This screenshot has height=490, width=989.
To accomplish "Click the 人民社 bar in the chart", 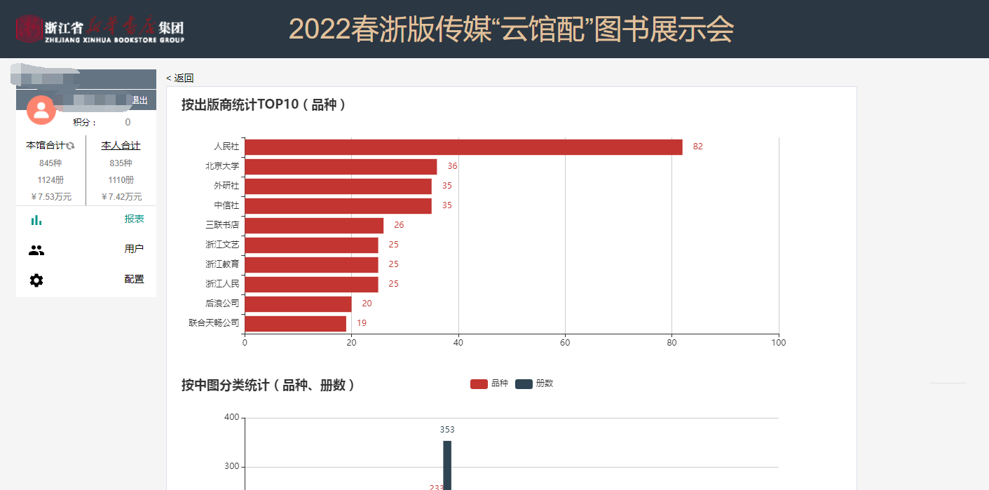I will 463,147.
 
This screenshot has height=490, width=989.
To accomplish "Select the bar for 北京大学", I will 341,166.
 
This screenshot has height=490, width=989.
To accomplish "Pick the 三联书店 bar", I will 314,225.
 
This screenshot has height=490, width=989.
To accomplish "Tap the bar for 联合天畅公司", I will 295,323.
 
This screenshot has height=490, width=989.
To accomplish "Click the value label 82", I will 697,147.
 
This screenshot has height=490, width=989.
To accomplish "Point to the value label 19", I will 362,323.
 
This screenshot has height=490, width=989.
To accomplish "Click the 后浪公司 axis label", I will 222,304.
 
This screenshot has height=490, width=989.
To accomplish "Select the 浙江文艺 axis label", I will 222,245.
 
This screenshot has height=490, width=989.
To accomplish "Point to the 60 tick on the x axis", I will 565,343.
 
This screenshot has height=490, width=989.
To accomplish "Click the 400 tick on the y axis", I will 231,418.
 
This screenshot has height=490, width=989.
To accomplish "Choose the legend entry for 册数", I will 534,383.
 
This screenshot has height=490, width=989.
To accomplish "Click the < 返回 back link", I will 180,78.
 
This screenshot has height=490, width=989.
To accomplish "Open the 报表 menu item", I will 134,219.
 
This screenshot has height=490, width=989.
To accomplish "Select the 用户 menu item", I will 134,249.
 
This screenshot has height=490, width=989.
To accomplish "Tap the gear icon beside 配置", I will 36,280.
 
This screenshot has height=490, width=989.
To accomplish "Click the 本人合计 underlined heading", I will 121,145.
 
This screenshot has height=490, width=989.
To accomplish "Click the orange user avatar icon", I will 41,109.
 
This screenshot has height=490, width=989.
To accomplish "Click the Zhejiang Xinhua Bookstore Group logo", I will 100,29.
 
